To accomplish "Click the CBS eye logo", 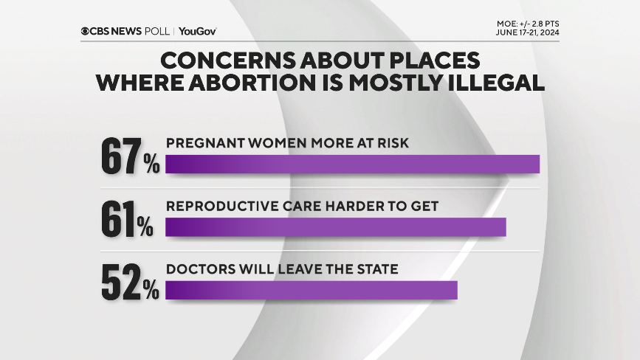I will pyautogui.click(x=86, y=31).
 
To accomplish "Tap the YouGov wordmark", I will pyautogui.click(x=197, y=31).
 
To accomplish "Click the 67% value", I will pyautogui.click(x=130, y=156).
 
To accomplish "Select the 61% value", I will pyautogui.click(x=126, y=220).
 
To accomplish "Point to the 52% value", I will pyautogui.click(x=130, y=283).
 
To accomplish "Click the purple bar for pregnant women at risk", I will pyautogui.click(x=352, y=164).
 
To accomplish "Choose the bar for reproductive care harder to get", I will pyautogui.click(x=335, y=227).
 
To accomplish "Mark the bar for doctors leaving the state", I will pyautogui.click(x=311, y=290).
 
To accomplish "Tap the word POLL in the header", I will pyautogui.click(x=158, y=31).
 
